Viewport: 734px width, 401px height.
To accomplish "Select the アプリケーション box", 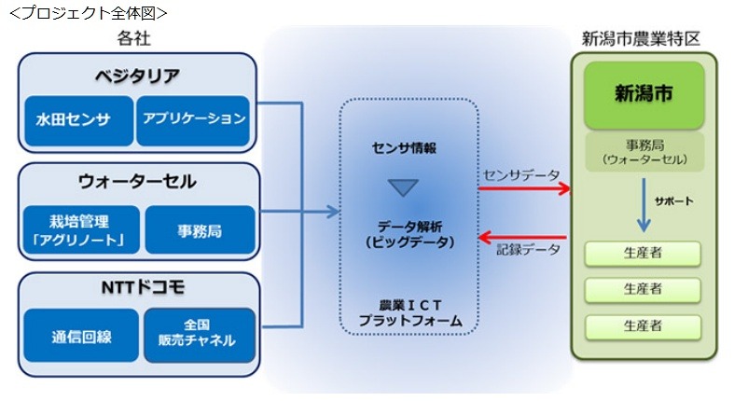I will click(x=194, y=119).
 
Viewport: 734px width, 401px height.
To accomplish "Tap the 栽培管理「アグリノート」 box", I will click(x=80, y=230).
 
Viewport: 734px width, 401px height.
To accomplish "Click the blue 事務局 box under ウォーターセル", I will click(x=200, y=230).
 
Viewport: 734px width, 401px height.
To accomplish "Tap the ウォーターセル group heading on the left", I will click(x=137, y=182).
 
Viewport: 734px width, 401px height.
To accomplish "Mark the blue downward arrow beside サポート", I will click(x=643, y=207).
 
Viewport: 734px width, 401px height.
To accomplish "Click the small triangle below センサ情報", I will click(x=404, y=187).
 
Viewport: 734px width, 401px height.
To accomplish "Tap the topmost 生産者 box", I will click(x=643, y=254).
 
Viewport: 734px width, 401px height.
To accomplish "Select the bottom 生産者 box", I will click(x=643, y=325).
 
